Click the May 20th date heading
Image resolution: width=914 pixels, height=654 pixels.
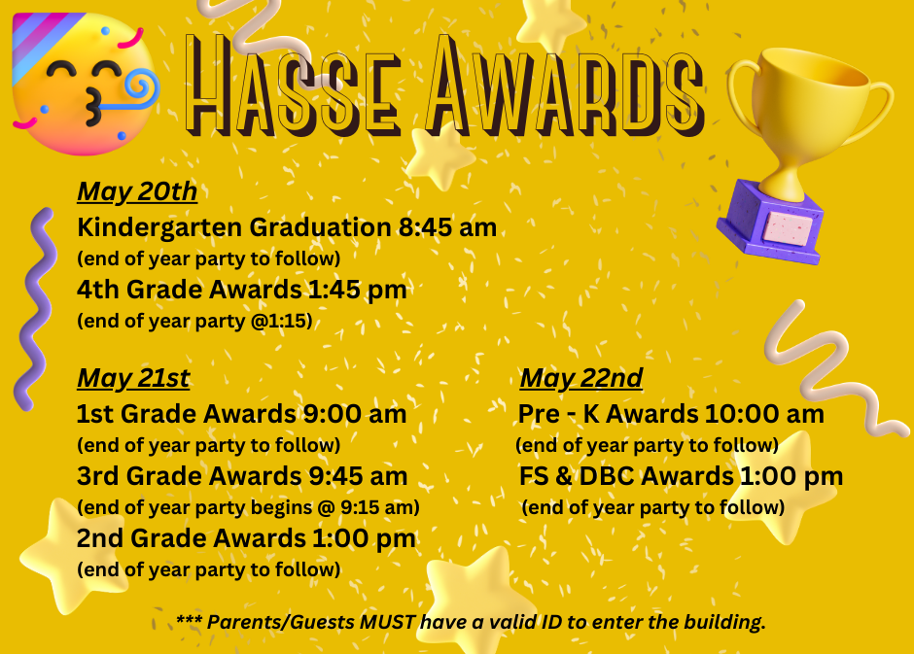click(137, 192)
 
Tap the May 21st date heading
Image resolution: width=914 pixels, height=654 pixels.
click(133, 379)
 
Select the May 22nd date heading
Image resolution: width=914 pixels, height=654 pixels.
click(581, 379)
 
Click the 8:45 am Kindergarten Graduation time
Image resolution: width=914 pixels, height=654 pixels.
click(447, 227)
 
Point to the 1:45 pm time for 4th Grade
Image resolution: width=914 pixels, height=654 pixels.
click(357, 290)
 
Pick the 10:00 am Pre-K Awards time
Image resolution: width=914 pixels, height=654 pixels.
click(764, 414)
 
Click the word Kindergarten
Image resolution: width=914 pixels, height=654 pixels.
click(159, 228)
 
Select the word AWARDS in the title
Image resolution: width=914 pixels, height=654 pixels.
click(566, 86)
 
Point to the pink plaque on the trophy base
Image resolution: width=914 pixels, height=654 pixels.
click(789, 228)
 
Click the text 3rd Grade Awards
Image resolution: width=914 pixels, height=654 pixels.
click(189, 476)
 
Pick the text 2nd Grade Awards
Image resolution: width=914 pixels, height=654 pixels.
click(192, 538)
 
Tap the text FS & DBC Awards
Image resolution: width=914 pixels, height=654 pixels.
click(626, 476)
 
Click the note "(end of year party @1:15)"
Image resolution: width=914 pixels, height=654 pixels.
click(194, 321)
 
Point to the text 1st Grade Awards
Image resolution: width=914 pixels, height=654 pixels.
click(186, 414)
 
